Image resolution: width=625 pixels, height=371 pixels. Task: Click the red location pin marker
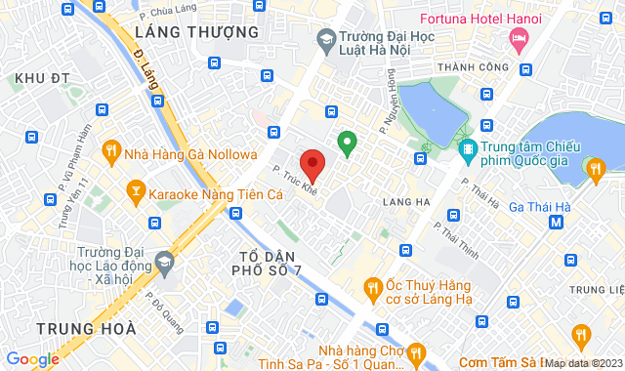(312, 164)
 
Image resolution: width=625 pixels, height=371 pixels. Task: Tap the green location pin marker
(346, 144)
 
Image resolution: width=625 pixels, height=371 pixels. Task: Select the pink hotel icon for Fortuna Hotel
(519, 40)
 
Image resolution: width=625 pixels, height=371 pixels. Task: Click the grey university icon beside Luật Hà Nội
(326, 40)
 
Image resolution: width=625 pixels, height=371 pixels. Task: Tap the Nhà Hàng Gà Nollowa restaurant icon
(112, 152)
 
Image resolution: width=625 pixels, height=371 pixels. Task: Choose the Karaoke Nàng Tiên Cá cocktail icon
(135, 192)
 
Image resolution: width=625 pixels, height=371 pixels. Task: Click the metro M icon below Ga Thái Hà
(557, 222)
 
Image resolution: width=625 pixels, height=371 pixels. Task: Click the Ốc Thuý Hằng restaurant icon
(372, 287)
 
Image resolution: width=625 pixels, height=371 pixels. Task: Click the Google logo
(32, 359)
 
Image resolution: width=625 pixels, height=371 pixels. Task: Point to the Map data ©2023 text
(584, 363)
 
